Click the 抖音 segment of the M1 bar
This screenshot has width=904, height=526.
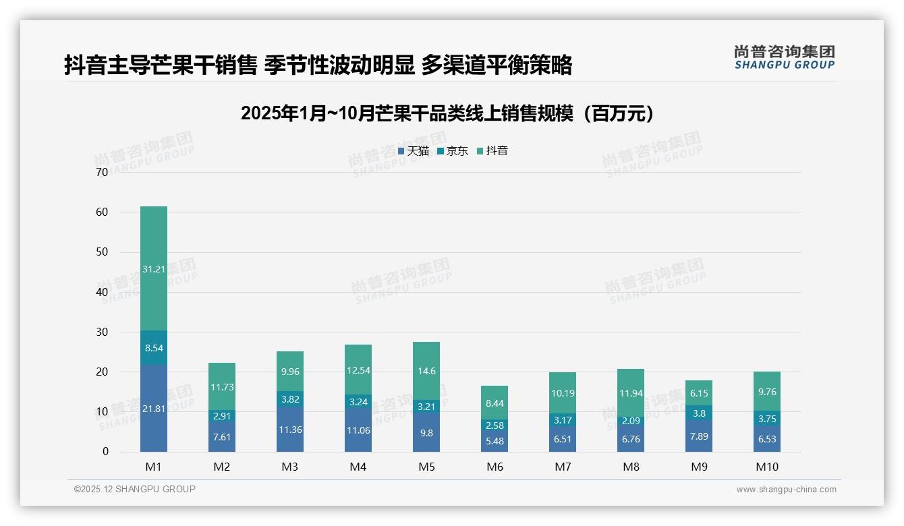[x=154, y=268]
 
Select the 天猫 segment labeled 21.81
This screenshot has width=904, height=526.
[x=154, y=408]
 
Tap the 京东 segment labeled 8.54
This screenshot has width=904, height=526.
[x=154, y=348]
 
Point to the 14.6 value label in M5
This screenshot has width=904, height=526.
[x=426, y=370]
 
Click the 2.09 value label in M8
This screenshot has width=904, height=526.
[x=631, y=421]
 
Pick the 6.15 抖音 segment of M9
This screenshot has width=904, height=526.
[x=700, y=392]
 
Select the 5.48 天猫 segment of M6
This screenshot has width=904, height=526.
[x=495, y=441]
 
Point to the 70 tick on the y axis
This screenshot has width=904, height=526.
[x=102, y=172]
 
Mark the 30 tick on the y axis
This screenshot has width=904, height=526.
[x=102, y=332]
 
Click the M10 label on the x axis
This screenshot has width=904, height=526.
[x=768, y=467]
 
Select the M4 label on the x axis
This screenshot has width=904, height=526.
[x=358, y=467]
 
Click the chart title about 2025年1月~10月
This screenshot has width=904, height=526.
[x=447, y=114]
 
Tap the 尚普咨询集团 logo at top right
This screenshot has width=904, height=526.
[x=784, y=57]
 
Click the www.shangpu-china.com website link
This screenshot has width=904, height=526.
[x=786, y=490]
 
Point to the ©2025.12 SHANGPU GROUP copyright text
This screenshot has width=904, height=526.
[x=135, y=490]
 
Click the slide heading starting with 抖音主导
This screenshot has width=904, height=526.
[x=318, y=65]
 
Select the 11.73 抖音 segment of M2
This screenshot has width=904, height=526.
[x=222, y=386]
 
